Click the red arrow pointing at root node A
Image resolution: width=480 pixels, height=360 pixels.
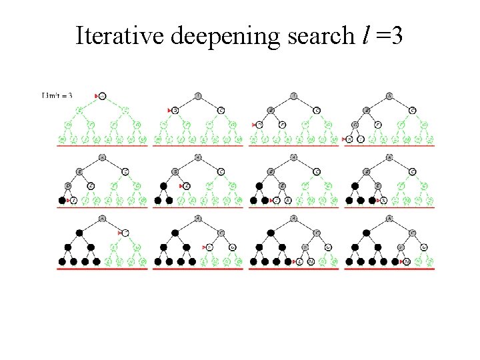click(x=97, y=96)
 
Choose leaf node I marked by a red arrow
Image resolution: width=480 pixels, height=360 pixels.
click(x=73, y=200)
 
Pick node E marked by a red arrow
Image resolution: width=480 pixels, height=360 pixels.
click(x=188, y=185)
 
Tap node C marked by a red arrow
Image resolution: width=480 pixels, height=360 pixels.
click(x=125, y=233)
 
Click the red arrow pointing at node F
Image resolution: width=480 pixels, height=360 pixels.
click(x=205, y=247)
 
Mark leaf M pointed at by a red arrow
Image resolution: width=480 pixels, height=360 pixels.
click(x=407, y=261)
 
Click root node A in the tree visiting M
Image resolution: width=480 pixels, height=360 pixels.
click(x=389, y=218)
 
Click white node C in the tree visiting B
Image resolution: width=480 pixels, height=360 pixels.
click(x=221, y=110)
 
